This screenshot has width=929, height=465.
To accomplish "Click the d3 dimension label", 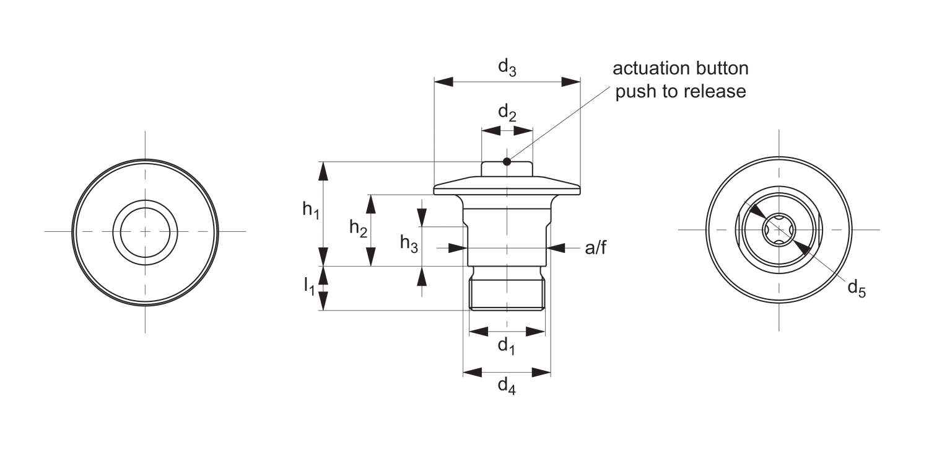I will coord(507,67).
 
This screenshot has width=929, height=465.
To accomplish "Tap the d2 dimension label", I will coord(507,114).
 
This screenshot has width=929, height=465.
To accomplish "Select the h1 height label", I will coord(311,211).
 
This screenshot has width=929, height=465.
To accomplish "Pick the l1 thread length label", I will coord(308,286).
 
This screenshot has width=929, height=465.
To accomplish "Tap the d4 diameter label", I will coord(507,387).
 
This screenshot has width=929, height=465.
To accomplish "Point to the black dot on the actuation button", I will coord(507,162).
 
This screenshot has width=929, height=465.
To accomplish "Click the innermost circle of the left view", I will coord(145,231).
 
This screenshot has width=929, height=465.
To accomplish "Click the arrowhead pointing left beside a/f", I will coord(556,248).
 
